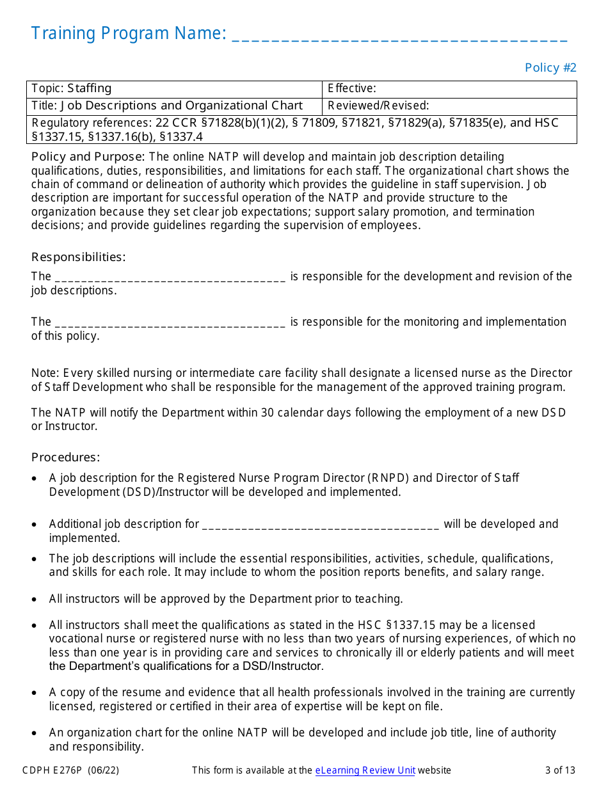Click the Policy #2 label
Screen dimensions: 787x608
550,68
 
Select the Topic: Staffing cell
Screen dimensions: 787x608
174,89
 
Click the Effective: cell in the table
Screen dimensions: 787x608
449,89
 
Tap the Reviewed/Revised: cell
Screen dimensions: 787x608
449,106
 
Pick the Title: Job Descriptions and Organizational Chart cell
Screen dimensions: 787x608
174,106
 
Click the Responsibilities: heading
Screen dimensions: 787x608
79,257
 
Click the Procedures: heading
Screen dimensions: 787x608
66,457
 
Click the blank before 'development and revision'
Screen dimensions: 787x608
170,278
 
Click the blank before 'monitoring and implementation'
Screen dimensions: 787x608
170,323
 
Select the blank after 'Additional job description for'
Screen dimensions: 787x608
321,525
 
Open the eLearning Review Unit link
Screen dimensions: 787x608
365,770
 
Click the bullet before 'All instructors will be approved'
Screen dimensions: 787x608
35,600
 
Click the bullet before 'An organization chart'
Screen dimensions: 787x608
35,733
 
